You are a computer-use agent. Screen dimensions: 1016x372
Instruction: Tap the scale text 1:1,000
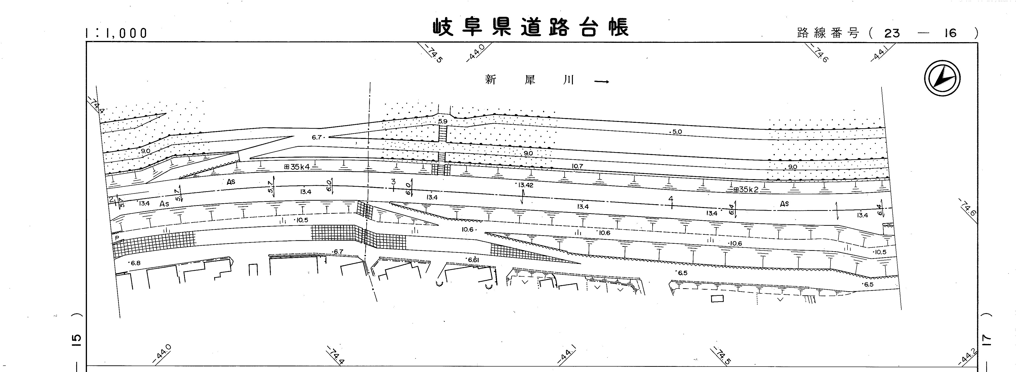click(116, 33)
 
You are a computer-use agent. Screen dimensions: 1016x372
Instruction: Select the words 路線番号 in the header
click(827, 33)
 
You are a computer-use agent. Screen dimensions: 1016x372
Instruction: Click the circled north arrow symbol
click(942, 78)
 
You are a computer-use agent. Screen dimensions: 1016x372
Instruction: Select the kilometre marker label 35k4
click(300, 167)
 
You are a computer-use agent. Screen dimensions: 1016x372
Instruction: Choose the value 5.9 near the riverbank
click(442, 121)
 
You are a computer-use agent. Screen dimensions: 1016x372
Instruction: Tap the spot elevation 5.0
click(676, 132)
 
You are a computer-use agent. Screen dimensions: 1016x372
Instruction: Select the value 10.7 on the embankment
click(577, 167)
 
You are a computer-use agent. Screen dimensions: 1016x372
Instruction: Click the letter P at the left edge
click(117, 238)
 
